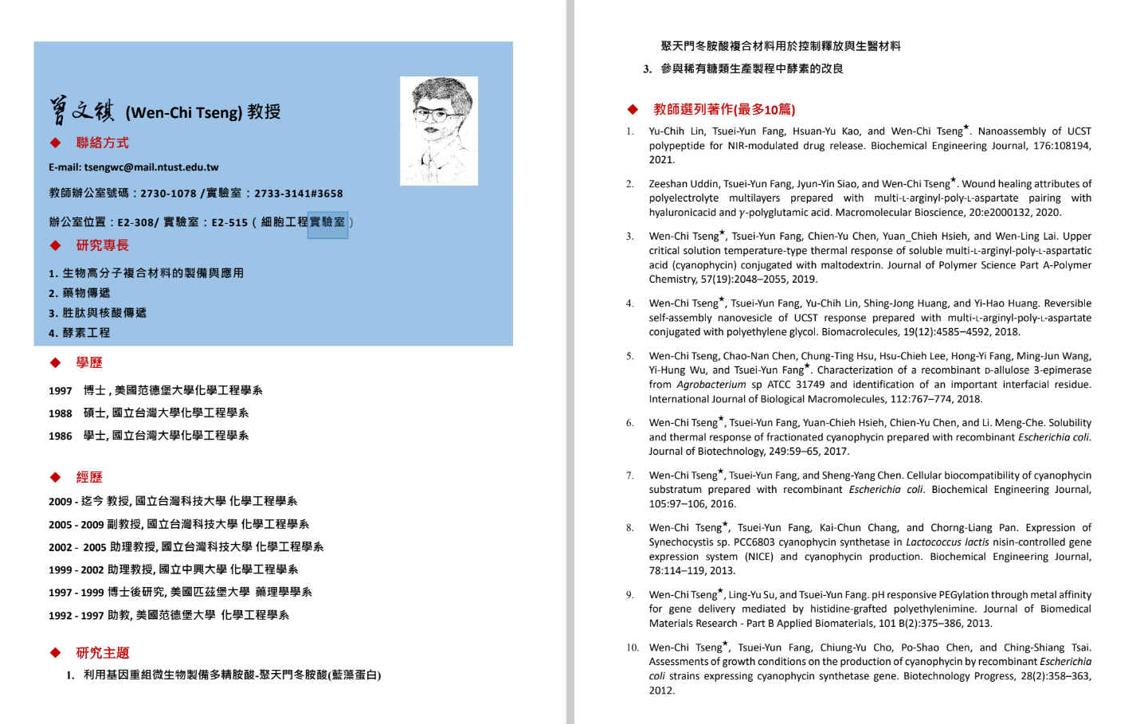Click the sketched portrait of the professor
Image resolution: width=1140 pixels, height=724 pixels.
(439, 131)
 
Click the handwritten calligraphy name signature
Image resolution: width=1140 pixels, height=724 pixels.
(82, 112)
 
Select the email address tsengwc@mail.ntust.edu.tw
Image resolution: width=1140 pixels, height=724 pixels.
(151, 167)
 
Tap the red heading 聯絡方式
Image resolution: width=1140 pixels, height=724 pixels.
(102, 143)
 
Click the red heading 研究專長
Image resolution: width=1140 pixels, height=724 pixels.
(102, 245)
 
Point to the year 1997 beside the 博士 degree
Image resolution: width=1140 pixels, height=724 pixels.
(61, 390)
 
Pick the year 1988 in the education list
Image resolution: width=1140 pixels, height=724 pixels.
(61, 413)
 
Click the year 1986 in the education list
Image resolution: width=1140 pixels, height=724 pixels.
(61, 436)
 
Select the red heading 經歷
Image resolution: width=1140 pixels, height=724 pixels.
(89, 477)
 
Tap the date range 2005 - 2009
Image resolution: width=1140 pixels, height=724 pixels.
(76, 524)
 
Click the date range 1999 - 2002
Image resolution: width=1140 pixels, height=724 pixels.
(76, 569)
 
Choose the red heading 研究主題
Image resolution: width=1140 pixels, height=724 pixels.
(102, 653)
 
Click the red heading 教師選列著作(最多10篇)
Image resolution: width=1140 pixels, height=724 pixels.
(723, 109)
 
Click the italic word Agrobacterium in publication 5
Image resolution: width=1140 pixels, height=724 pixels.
(711, 385)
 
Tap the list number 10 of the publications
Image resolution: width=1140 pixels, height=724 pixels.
(632, 648)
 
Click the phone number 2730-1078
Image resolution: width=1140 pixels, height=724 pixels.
(168, 194)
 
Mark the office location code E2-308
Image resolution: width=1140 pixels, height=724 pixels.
(135, 222)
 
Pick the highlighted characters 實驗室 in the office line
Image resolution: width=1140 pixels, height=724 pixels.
(327, 222)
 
